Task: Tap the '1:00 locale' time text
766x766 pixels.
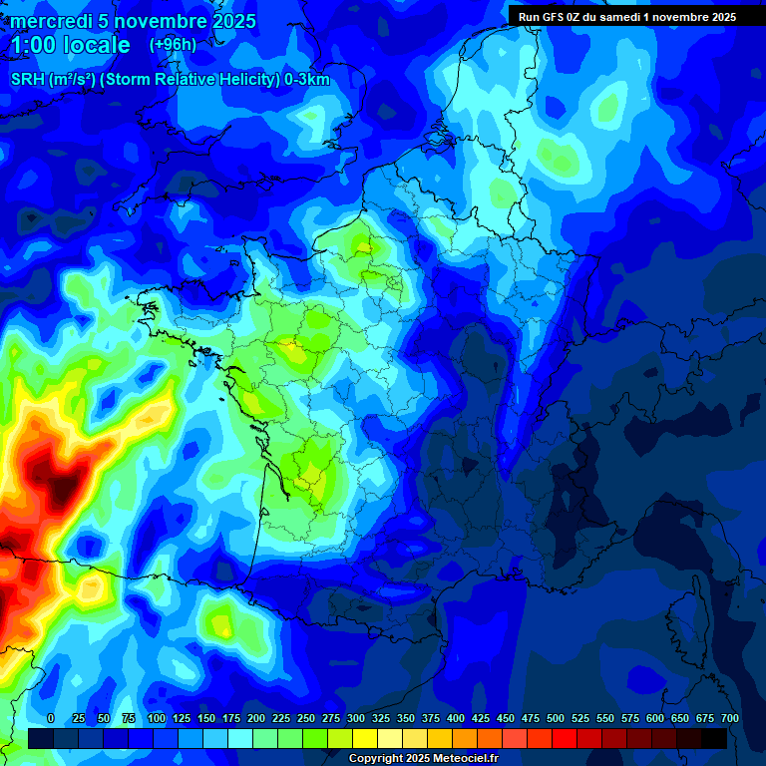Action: tap(70, 46)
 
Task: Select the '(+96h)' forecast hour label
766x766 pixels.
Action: tap(173, 45)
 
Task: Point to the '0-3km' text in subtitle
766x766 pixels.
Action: tap(307, 80)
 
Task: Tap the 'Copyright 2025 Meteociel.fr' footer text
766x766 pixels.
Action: tap(423, 759)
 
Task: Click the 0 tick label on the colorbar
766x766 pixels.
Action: tap(51, 719)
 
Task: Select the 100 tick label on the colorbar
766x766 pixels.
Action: tap(157, 719)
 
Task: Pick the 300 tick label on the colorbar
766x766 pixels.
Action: tap(356, 719)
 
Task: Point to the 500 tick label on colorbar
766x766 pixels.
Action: tap(556, 719)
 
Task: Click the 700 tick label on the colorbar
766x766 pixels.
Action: tap(729, 719)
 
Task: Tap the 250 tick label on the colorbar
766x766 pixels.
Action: tap(306, 719)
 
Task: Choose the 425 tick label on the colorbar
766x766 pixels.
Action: tap(481, 719)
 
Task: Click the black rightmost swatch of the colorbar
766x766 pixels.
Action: tap(714, 738)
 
